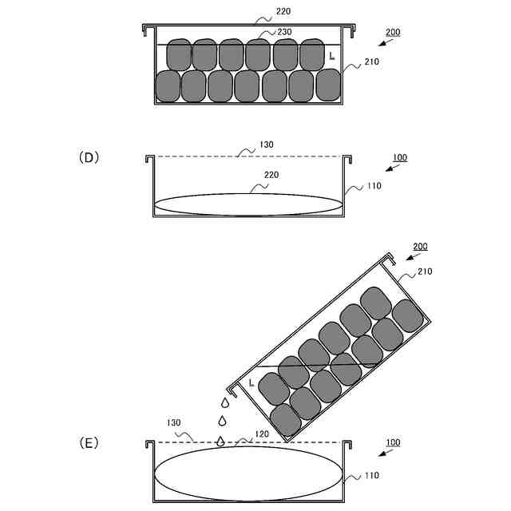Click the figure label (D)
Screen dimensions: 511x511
[x=89, y=157]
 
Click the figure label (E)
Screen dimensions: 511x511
[x=89, y=442]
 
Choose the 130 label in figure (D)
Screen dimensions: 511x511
[x=266, y=145]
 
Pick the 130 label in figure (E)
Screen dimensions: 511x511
[x=173, y=422]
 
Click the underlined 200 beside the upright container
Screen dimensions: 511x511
[x=393, y=33]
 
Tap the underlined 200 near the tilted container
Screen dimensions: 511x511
[x=419, y=246]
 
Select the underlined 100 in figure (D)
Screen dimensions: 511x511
[x=400, y=157]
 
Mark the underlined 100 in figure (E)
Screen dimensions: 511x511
[x=393, y=442]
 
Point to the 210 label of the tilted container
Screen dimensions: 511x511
[x=424, y=271]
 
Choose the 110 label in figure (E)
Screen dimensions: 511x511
[x=371, y=476]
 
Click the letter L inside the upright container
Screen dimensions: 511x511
[x=331, y=55]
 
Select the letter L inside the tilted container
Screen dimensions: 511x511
[x=252, y=383]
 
